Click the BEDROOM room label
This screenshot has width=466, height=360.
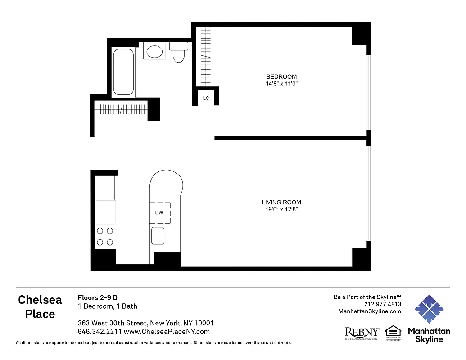pyautogui.click(x=281, y=77)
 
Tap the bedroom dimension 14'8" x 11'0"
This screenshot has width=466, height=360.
pyautogui.click(x=281, y=84)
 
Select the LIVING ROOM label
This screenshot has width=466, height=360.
pyautogui.click(x=281, y=202)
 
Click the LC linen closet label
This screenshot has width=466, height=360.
pyautogui.click(x=206, y=98)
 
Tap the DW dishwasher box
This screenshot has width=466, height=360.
pyautogui.click(x=159, y=213)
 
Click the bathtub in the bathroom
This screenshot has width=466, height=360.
pyautogui.click(x=123, y=72)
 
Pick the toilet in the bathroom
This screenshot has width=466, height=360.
pyautogui.click(x=179, y=52)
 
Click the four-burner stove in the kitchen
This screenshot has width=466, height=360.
pyautogui.click(x=105, y=237)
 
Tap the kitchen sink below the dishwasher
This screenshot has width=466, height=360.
pyautogui.click(x=158, y=236)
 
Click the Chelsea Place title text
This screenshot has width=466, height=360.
pyautogui.click(x=41, y=307)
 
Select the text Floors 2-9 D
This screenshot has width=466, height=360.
pyautogui.click(x=98, y=297)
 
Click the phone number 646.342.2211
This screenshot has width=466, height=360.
pyautogui.click(x=96, y=332)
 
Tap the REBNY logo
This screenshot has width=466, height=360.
pyautogui.click(x=362, y=333)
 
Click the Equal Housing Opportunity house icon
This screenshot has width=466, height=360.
pyautogui.click(x=393, y=332)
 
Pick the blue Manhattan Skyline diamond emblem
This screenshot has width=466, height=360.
pyautogui.click(x=429, y=309)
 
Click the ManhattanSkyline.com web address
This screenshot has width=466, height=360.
pyautogui.click(x=370, y=311)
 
